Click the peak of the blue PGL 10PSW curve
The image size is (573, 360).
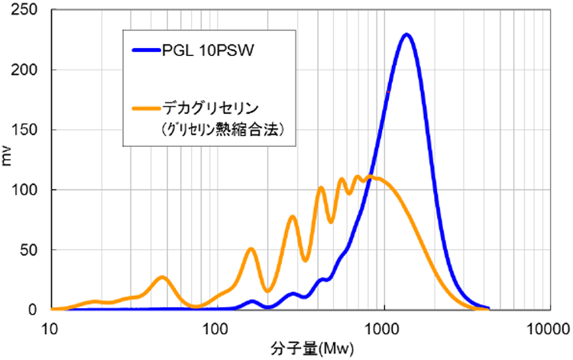[x=406, y=34]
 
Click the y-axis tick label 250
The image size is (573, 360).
[x=28, y=10]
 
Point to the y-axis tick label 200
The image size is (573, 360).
[x=28, y=70]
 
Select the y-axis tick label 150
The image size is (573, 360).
[x=28, y=130]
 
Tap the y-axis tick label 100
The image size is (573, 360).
[x=28, y=190]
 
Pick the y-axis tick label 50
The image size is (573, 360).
[x=31, y=250]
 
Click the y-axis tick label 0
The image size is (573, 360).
[x=34, y=310]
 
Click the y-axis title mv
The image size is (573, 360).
[x=8, y=159]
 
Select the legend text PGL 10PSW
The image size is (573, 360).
[x=206, y=51]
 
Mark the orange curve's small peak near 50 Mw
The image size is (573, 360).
[x=162, y=277]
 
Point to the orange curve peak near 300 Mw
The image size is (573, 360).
[x=292, y=217]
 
